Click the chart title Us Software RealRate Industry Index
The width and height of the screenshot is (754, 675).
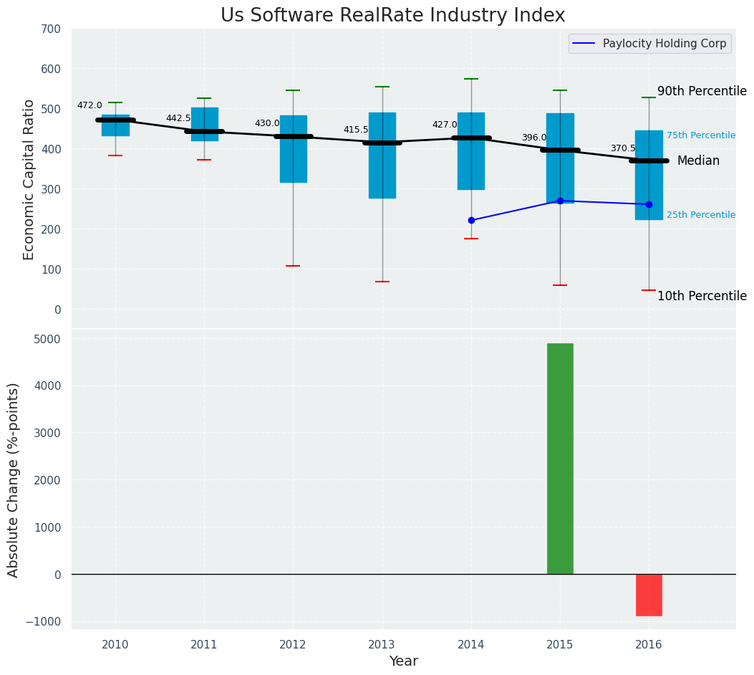[392, 16]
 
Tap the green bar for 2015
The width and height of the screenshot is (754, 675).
[560, 459]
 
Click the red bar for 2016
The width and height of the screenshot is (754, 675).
[649, 595]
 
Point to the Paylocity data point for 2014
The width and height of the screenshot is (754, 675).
[471, 220]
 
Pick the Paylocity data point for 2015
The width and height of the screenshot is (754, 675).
[560, 201]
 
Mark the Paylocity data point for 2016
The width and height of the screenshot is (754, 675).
[649, 204]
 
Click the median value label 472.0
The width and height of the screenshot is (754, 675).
[90, 105]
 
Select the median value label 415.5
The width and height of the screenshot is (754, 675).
[356, 130]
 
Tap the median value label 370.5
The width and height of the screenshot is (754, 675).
[623, 148]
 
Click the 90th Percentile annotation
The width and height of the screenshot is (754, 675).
[702, 91]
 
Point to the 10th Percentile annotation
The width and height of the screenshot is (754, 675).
[702, 296]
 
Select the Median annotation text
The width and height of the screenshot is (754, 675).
[698, 161]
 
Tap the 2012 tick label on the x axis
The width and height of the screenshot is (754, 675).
[293, 645]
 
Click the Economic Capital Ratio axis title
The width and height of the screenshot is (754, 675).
[29, 179]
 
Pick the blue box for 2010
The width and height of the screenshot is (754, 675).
[115, 125]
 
